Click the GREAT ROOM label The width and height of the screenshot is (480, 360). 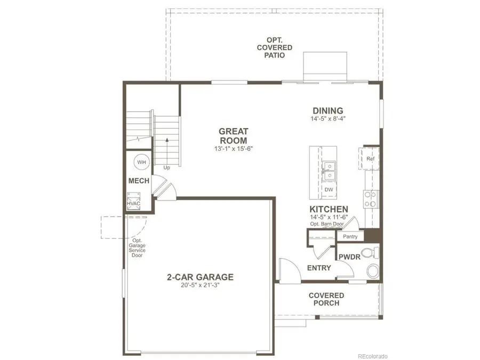(x=233, y=135)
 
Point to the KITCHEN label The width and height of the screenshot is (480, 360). (x=329, y=209)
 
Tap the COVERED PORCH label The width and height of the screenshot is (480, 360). (x=326, y=299)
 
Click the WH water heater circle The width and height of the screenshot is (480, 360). (x=141, y=162)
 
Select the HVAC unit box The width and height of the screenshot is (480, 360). (x=133, y=204)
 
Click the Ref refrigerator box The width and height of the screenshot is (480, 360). (x=370, y=159)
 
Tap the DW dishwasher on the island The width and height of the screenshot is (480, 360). (x=329, y=189)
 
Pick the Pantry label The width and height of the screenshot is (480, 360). (x=350, y=236)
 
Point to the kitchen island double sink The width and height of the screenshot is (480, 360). (x=329, y=170)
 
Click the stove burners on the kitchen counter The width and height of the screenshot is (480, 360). (x=370, y=199)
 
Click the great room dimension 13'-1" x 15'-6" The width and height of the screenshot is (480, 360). (x=233, y=149)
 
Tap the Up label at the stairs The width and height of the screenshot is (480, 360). (x=166, y=167)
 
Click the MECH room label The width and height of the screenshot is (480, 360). (x=139, y=181)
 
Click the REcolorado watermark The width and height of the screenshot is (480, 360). (x=372, y=356)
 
